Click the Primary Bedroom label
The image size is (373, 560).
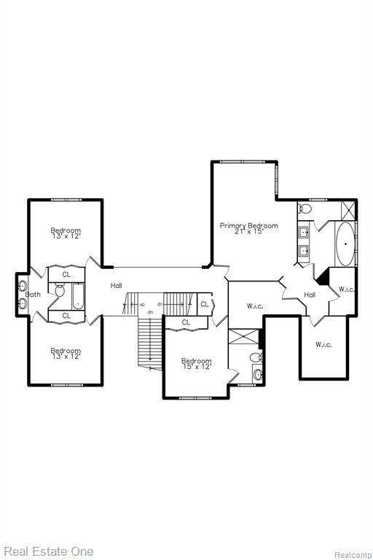click(x=248, y=226)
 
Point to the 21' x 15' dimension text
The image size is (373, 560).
click(x=248, y=231)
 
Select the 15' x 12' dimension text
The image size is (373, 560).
click(x=197, y=367)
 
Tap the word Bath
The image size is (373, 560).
click(x=34, y=295)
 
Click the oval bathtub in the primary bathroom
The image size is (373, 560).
click(x=345, y=244)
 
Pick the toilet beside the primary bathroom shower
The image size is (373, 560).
click(x=305, y=208)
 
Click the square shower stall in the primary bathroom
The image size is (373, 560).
click(x=348, y=210)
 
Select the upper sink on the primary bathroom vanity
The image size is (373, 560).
click(x=304, y=233)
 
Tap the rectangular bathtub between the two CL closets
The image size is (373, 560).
click(x=78, y=297)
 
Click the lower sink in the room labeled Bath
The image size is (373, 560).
click(x=23, y=303)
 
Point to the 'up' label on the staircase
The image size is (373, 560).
click(x=142, y=304)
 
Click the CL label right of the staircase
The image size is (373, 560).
click(x=205, y=304)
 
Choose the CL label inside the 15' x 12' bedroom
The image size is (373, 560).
click(x=186, y=322)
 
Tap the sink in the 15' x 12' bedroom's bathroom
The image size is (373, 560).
click(x=258, y=374)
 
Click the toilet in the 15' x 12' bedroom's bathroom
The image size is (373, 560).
click(x=256, y=357)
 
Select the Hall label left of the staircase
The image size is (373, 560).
click(x=117, y=285)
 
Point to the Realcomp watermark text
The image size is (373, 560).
click(x=353, y=555)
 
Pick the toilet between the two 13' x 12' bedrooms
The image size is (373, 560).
click(x=60, y=290)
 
